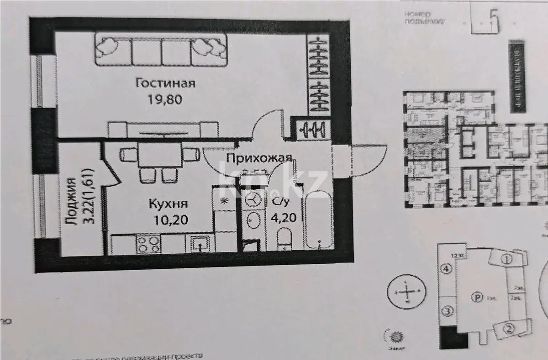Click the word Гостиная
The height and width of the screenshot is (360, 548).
[165, 83]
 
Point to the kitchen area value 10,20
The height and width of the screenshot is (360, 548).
[171, 220]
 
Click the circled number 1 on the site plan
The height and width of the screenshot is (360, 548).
[506, 259]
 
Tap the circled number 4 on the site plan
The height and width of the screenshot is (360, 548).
[447, 269]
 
